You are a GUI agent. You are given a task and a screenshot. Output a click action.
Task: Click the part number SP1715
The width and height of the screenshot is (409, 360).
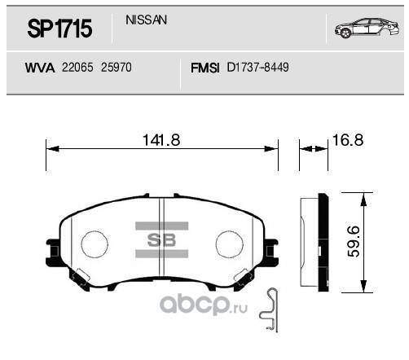point(59,30)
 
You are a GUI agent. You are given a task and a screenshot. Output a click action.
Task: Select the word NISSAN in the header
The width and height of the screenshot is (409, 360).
point(147,19)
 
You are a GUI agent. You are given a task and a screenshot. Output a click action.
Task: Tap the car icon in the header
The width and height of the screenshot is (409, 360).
point(364,30)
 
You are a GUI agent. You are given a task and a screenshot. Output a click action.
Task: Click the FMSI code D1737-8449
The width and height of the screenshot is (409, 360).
point(258,69)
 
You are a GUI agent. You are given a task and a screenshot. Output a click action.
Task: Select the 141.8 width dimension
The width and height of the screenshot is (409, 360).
point(161,140)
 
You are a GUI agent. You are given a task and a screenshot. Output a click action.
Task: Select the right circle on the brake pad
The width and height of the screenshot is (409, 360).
point(229,242)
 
